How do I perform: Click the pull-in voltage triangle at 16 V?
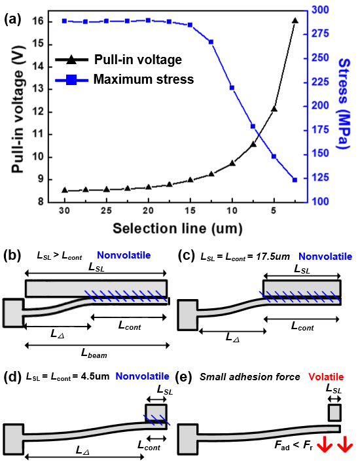click(x=295, y=21)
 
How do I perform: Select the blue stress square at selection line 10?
click(x=232, y=88)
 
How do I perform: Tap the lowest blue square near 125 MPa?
click(x=295, y=180)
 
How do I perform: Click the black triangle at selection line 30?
click(x=65, y=190)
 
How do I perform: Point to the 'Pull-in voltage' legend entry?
click(x=118, y=60)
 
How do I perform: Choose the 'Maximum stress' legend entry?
click(x=124, y=79)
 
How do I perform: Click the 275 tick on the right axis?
click(x=320, y=33)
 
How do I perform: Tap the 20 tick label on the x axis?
click(x=148, y=210)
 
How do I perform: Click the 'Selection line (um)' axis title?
click(x=177, y=228)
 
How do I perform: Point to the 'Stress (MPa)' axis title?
click(x=344, y=103)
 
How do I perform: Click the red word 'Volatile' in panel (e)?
click(x=326, y=377)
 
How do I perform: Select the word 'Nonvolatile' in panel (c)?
click(x=325, y=257)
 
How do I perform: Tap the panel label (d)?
click(x=12, y=377)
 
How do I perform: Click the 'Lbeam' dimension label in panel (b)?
click(x=94, y=353)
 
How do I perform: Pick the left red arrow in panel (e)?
click(x=325, y=444)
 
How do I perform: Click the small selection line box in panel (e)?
click(x=334, y=412)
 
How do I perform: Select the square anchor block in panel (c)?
click(x=188, y=315)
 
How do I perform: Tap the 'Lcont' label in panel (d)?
click(x=149, y=446)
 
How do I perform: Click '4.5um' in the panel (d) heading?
click(x=92, y=376)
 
